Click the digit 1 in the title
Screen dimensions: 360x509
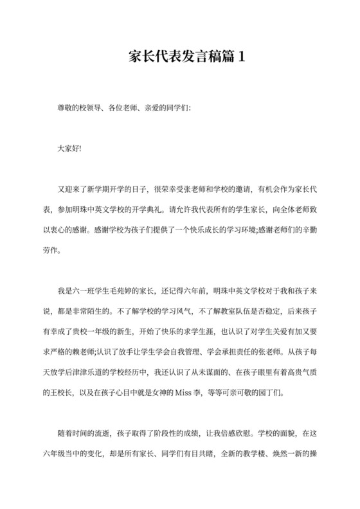pyautogui.click(x=241, y=57)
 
